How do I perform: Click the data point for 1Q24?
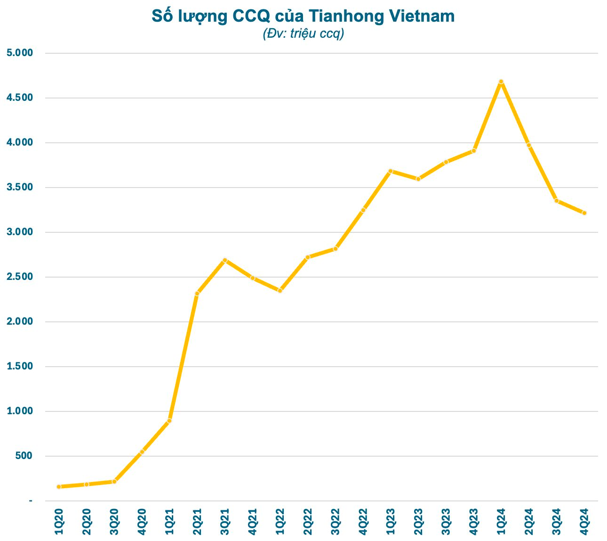[501, 82]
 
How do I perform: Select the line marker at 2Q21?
[197, 294]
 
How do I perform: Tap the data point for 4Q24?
[584, 213]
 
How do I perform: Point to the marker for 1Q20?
[59, 486]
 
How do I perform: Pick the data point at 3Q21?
[225, 260]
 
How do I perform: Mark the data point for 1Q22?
[280, 291]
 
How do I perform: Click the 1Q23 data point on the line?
[391, 171]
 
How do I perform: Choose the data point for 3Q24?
[557, 201]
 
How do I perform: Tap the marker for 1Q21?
[169, 421]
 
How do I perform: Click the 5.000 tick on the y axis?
[20, 53]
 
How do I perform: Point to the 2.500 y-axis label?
[20, 277]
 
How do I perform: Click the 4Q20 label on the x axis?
[142, 521]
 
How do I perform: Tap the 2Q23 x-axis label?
[418, 521]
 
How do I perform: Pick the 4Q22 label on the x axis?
[363, 521]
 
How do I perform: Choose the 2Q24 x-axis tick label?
[529, 521]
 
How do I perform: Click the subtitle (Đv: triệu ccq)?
[303, 34]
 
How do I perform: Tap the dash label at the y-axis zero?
[31, 500]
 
